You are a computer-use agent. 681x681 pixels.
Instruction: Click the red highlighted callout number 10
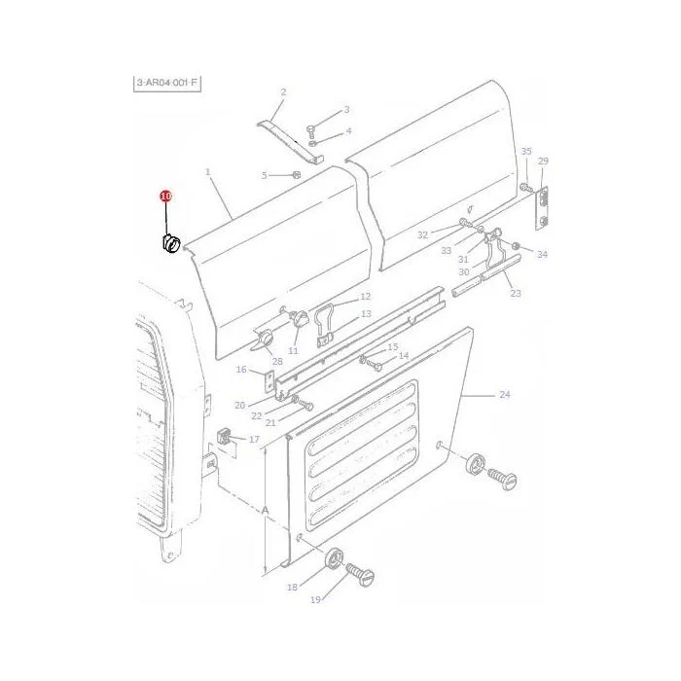(x=166, y=197)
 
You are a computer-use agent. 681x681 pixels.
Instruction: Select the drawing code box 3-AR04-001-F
(x=167, y=83)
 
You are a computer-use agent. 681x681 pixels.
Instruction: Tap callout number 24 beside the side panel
(x=504, y=394)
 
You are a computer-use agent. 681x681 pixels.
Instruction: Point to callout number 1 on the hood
(x=207, y=172)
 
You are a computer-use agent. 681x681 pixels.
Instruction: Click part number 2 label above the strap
(x=283, y=91)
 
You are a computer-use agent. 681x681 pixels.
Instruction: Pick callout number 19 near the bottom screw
(x=316, y=600)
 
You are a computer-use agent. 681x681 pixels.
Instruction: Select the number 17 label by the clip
(x=254, y=439)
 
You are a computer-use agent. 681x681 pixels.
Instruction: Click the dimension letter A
(x=265, y=511)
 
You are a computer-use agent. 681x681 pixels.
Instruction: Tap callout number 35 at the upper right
(x=526, y=151)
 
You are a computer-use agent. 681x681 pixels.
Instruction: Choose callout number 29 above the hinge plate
(x=543, y=161)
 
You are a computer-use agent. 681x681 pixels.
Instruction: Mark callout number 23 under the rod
(x=516, y=293)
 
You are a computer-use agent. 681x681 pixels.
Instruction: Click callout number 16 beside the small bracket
(x=241, y=369)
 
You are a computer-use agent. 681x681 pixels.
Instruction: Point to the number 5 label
(x=264, y=175)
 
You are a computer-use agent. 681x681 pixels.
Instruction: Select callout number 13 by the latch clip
(x=366, y=313)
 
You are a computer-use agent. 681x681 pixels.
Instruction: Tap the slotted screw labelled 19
(x=361, y=574)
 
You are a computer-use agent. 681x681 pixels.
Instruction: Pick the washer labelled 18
(x=334, y=558)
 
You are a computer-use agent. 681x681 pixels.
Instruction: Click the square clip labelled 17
(x=223, y=437)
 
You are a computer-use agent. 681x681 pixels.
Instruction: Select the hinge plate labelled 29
(x=542, y=207)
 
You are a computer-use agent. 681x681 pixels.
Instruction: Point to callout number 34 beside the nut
(x=542, y=254)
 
